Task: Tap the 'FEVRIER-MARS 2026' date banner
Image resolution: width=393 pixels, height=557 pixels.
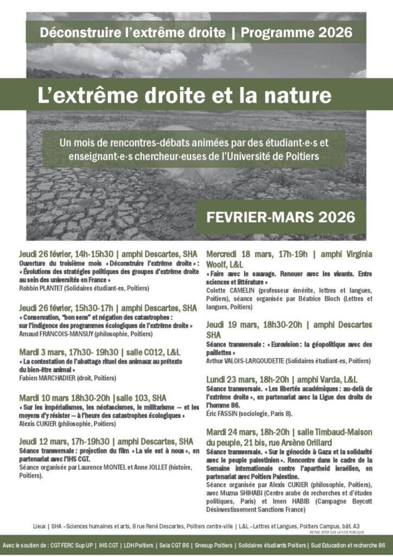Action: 281,216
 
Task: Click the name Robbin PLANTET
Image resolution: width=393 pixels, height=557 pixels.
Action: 41,288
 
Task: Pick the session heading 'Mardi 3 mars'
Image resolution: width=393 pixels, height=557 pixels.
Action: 39,351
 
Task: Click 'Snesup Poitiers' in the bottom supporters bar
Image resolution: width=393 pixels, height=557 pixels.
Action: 221,545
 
